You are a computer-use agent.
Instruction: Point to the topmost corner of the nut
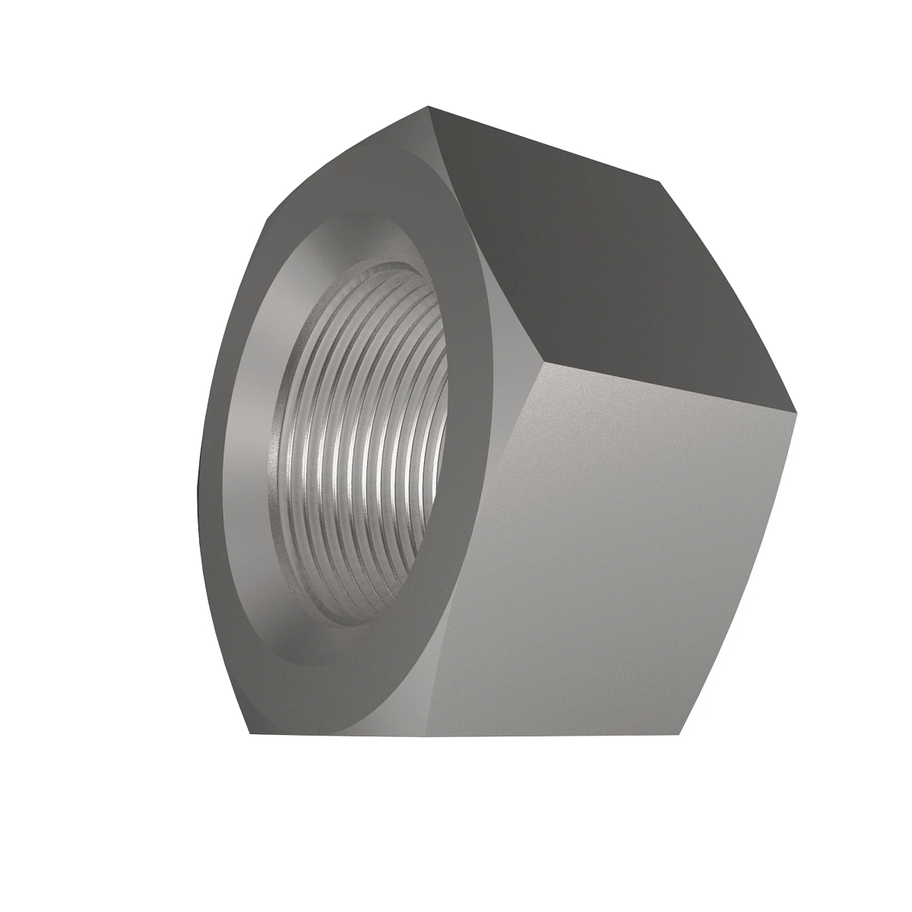428,106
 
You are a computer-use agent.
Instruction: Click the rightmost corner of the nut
798,412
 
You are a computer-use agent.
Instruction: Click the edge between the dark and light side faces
669,387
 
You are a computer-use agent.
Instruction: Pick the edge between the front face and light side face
486,547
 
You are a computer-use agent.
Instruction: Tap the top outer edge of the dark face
543,144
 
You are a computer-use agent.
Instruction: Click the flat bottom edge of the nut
464,735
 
